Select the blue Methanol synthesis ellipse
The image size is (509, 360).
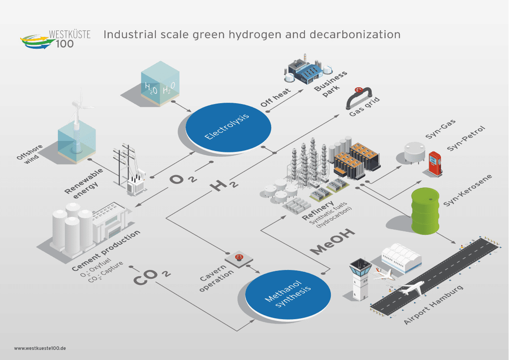(x=288, y=295)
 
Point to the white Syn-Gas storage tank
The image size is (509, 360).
(x=414, y=152)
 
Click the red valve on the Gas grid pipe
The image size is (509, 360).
(x=359, y=91)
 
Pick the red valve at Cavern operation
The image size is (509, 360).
(x=239, y=257)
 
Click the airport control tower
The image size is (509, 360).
(x=360, y=278)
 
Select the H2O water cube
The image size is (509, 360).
(x=159, y=84)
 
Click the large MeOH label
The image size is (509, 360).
(x=333, y=241)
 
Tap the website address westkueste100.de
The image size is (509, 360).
(x=40, y=348)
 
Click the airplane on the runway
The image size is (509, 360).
(x=411, y=289)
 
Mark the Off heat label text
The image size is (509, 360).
(x=275, y=97)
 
